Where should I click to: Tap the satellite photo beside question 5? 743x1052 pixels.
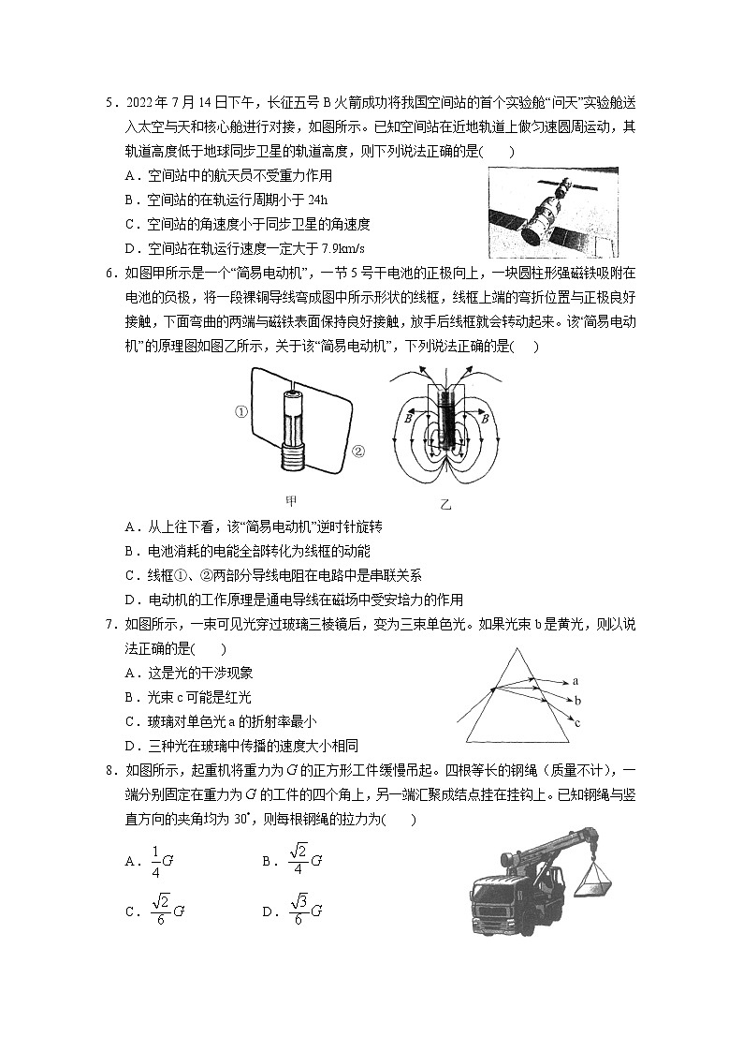(552, 213)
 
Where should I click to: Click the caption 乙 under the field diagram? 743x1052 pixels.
(445, 504)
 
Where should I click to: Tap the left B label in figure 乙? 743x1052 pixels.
(409, 420)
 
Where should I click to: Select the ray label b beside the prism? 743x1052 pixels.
(578, 700)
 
